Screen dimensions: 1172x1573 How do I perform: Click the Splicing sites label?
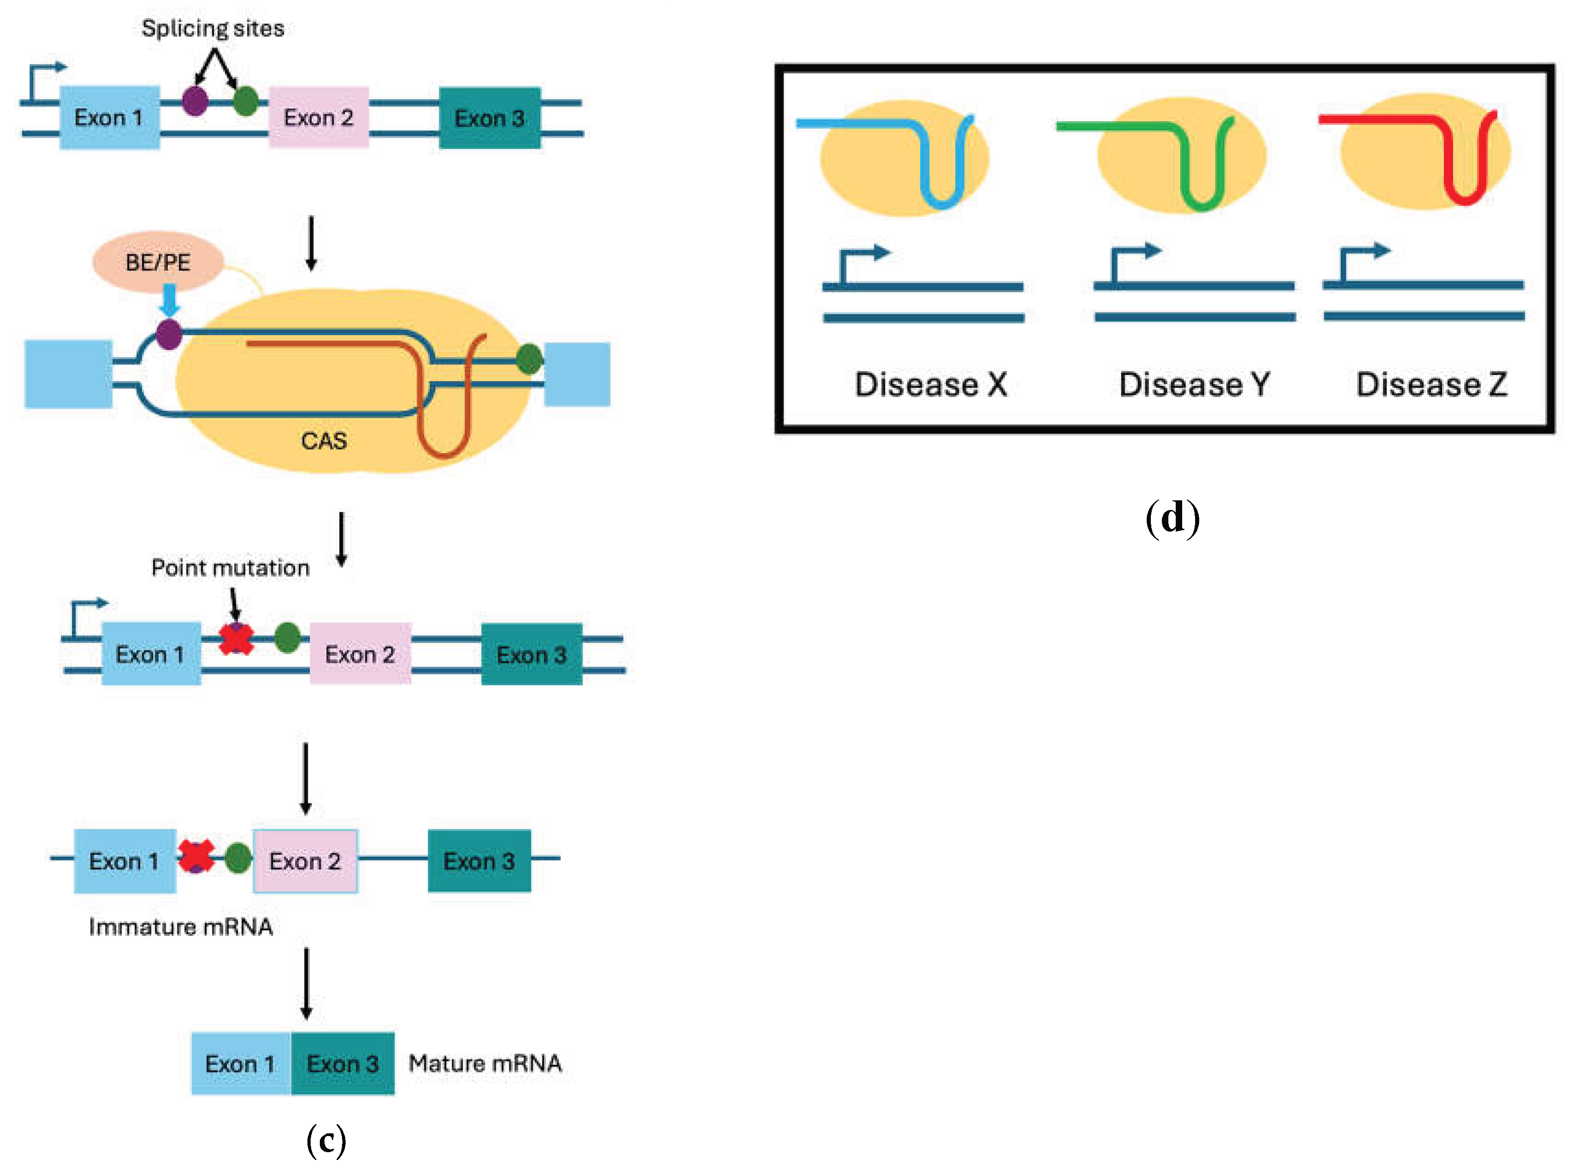(212, 29)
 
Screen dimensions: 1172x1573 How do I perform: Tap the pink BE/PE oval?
(158, 262)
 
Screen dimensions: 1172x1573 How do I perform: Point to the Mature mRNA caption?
(485, 1063)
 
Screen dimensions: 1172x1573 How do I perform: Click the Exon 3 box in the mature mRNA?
(343, 1063)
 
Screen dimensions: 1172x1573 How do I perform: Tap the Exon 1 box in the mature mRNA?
(241, 1063)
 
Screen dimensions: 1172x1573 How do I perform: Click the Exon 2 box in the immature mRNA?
(305, 861)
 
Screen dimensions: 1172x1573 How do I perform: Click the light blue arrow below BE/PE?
(169, 299)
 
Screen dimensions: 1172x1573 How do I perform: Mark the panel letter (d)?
(1172, 517)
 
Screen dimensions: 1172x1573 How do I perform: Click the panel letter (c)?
(326, 1140)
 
